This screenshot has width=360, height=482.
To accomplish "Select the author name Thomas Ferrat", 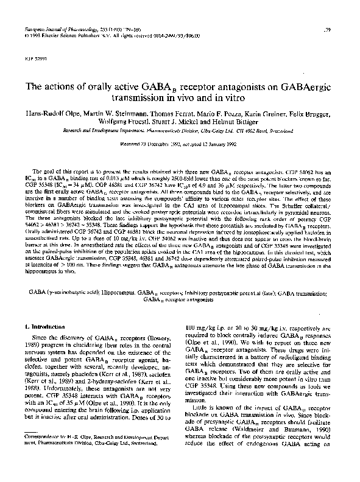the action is [177, 116].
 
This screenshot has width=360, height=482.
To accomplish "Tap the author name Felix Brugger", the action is [311, 116].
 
